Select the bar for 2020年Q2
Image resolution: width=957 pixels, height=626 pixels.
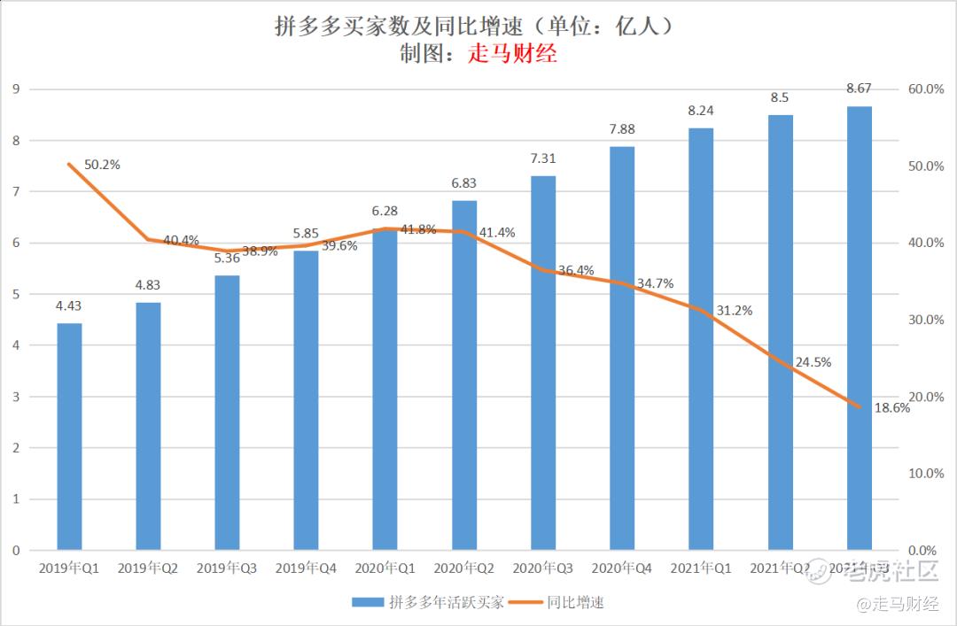(x=464, y=375)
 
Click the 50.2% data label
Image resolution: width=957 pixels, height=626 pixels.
(x=102, y=165)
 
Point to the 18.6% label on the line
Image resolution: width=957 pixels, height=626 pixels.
(x=891, y=408)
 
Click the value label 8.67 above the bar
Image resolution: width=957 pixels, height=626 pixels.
(x=859, y=89)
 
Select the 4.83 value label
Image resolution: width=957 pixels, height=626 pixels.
(x=148, y=285)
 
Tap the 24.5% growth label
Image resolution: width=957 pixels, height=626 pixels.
(x=813, y=362)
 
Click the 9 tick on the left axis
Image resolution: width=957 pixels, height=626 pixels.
(x=16, y=89)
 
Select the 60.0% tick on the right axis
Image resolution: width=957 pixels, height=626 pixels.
(x=928, y=89)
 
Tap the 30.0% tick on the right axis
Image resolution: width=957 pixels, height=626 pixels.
(x=928, y=320)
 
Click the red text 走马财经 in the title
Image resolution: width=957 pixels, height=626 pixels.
(x=512, y=54)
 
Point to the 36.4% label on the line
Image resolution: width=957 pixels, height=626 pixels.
(x=577, y=270)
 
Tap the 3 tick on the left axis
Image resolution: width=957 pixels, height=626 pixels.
(x=16, y=397)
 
